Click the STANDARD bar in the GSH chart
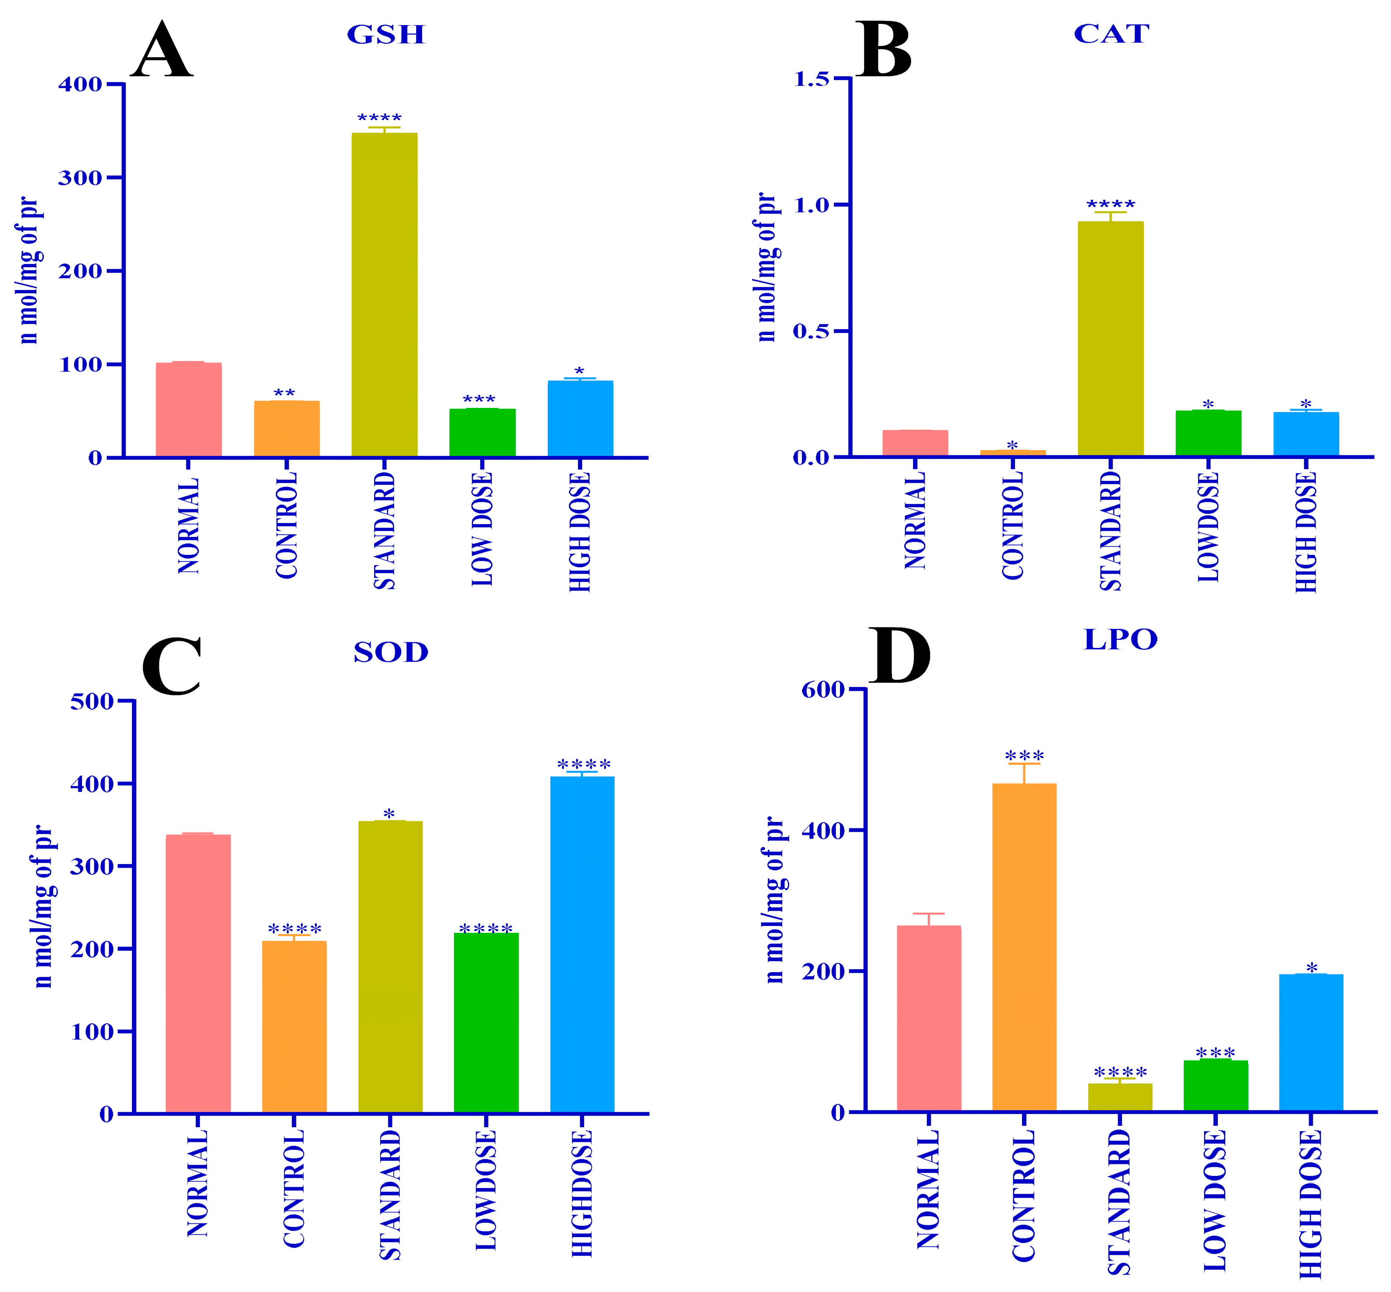(x=384, y=294)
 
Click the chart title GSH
(x=386, y=35)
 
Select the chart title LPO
(x=1120, y=639)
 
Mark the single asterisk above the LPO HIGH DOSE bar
(x=1311, y=968)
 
